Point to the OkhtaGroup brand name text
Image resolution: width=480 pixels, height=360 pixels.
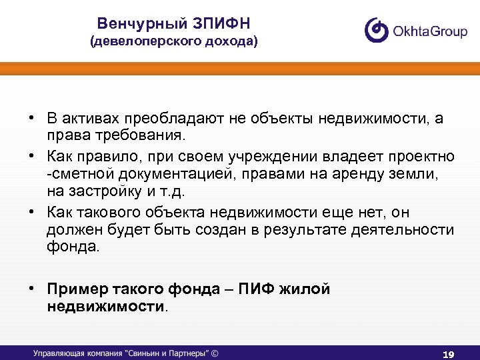tap(431, 31)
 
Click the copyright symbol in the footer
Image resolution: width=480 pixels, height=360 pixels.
tap(215, 353)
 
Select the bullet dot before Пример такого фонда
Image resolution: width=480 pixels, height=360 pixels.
tap(31, 289)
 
